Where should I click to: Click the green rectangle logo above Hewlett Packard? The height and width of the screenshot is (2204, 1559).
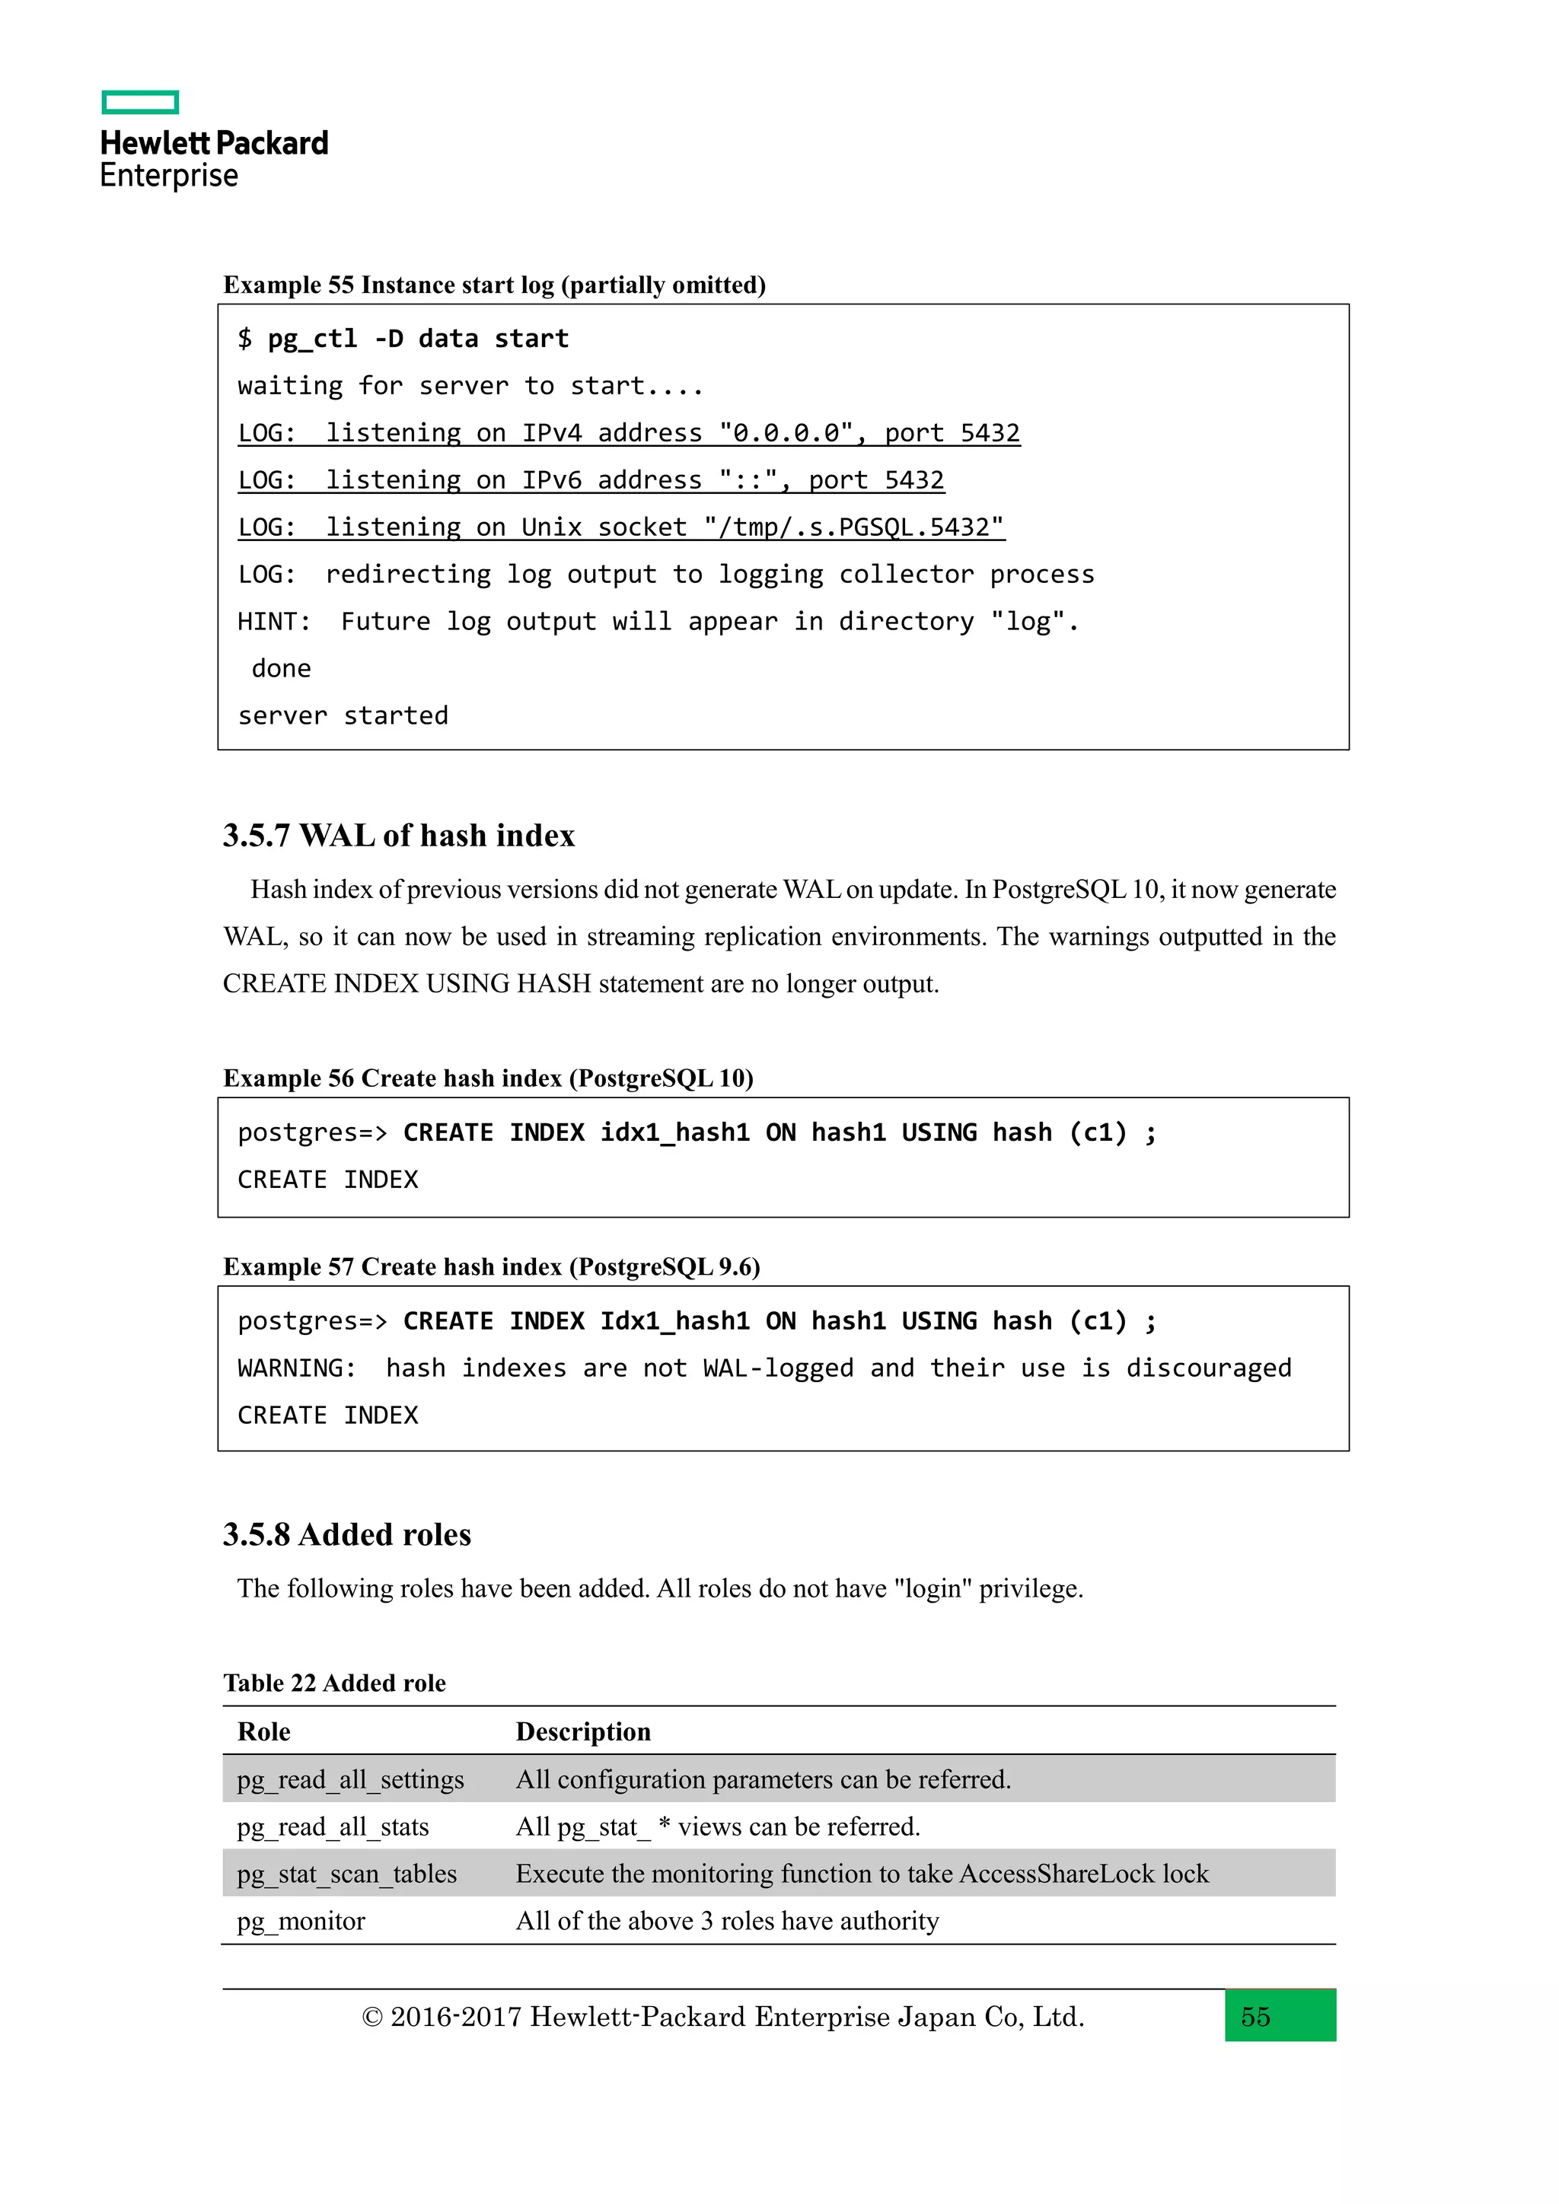pos(140,103)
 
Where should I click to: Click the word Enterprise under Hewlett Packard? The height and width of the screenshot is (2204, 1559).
pos(169,176)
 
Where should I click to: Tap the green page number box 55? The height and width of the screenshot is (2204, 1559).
pos(1280,2016)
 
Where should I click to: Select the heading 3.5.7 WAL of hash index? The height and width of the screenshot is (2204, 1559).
pos(398,836)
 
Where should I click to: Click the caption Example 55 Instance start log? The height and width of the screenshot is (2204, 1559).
pos(494,285)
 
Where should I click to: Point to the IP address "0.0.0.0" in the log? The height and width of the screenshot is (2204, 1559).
pos(786,433)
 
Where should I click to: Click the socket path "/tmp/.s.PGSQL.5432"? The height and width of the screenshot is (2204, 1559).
pos(853,527)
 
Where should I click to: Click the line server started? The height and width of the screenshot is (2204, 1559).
pos(343,716)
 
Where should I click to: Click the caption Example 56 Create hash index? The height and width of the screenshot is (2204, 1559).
pos(488,1078)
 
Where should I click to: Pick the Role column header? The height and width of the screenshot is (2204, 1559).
pos(264,1731)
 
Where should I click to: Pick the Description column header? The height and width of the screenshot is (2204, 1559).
pos(582,1731)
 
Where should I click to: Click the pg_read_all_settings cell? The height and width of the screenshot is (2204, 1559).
pos(350,1779)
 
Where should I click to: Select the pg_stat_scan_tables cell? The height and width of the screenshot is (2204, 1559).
pos(346,1874)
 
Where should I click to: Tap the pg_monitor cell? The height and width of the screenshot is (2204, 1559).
pos(301,1921)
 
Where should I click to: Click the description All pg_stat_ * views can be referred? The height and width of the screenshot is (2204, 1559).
pos(717,1827)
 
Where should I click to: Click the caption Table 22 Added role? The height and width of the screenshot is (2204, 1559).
pos(334,1683)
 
